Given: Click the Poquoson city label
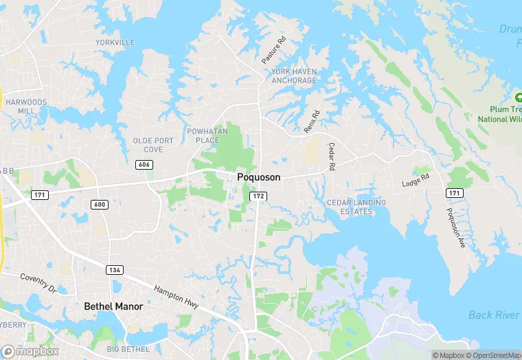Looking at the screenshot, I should click(x=258, y=177).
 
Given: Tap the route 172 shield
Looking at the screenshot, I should click(x=258, y=196).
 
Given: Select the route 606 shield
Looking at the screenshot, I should click(x=144, y=164).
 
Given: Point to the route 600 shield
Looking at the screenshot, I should click(x=99, y=205).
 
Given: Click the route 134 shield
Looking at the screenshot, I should click(x=115, y=269).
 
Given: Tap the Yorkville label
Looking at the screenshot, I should click(x=115, y=43).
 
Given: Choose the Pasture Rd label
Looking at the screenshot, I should click(x=273, y=51).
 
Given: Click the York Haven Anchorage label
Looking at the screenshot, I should click(x=294, y=76).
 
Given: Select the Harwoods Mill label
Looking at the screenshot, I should click(x=26, y=106).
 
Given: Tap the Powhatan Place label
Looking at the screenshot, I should click(x=203, y=135).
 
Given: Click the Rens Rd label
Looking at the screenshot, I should click(x=312, y=122).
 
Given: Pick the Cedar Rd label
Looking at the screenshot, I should click(x=331, y=157).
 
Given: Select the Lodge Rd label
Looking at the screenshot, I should click(x=416, y=180).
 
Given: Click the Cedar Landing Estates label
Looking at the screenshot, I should click(x=356, y=207).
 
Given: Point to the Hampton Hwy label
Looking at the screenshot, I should click(x=177, y=298).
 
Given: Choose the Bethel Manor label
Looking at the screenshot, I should click(x=113, y=306).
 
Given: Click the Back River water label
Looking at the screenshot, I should click(x=493, y=315).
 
